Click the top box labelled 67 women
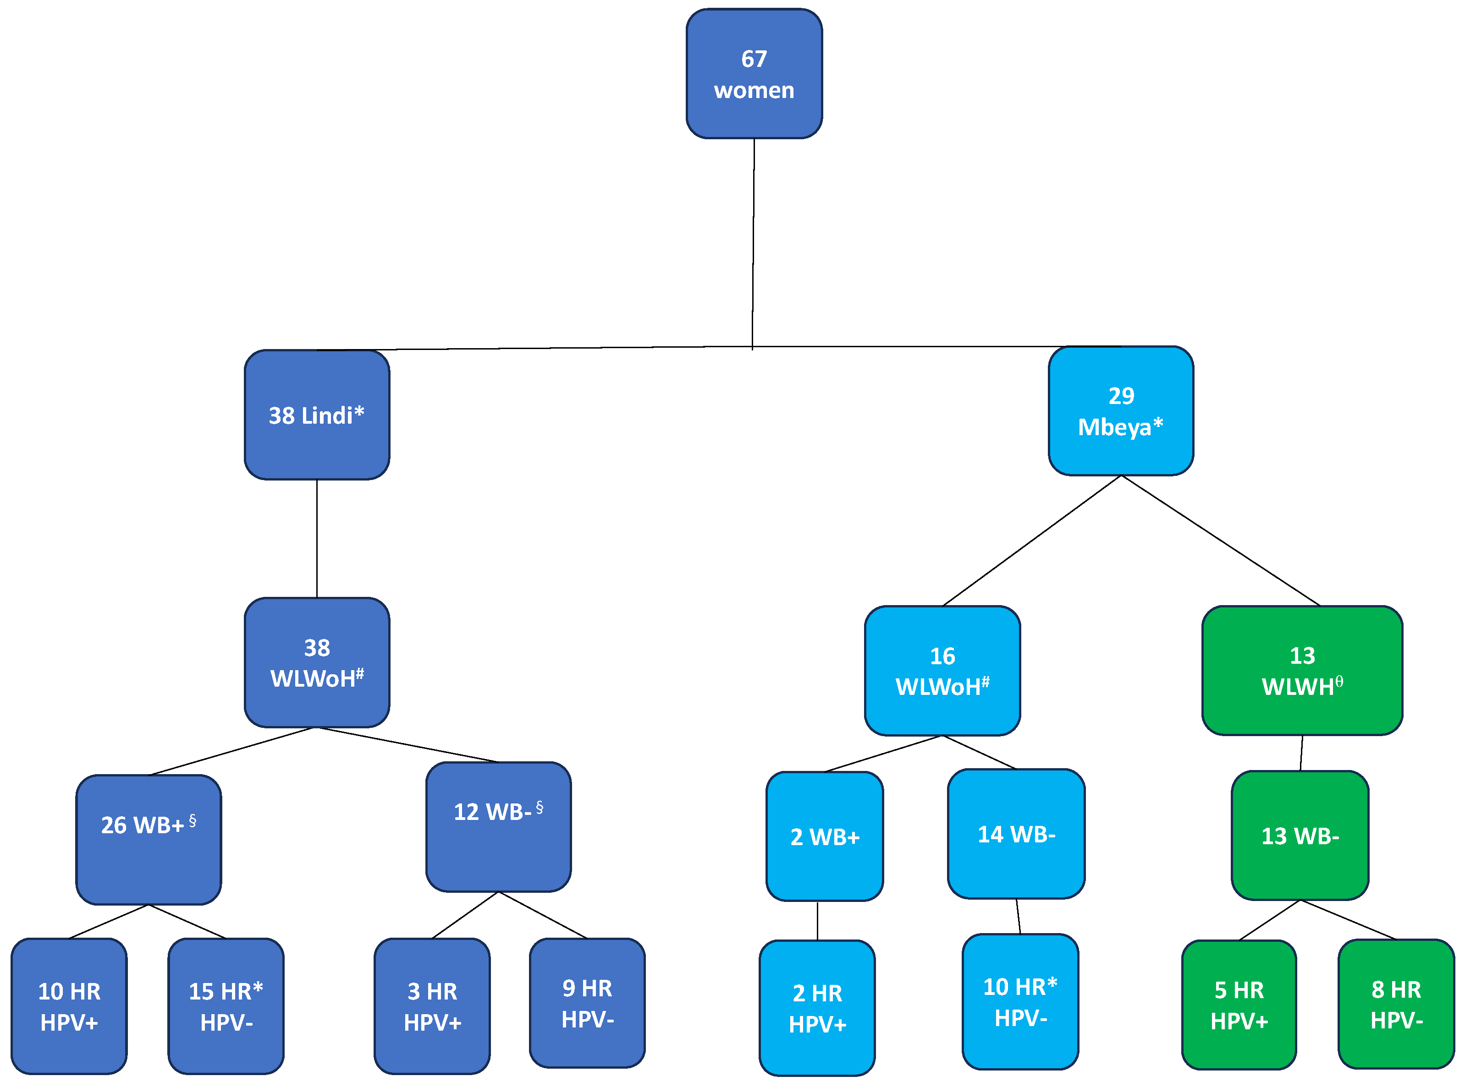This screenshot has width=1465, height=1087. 754,74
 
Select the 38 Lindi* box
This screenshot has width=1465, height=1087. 317,415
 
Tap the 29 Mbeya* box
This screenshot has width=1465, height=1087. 1121,410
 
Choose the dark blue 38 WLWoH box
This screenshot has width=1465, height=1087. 317,662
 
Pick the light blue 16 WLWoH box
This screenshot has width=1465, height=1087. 942,671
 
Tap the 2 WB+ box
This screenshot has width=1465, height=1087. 824,836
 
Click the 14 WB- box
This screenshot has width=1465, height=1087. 1016,834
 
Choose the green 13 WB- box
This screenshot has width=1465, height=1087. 1300,836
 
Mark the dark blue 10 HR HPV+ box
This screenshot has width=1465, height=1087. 69,1006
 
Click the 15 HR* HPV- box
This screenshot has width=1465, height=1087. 226,1006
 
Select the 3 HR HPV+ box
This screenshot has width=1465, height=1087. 432,1006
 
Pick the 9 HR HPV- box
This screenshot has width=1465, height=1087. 587,1003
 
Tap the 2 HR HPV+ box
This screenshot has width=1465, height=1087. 817,1008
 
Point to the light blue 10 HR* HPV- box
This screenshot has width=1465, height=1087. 1020,1001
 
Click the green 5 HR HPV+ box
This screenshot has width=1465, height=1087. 1239,1005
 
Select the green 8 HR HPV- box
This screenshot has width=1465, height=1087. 1396,1004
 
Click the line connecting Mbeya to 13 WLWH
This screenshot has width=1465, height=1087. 1220,540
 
